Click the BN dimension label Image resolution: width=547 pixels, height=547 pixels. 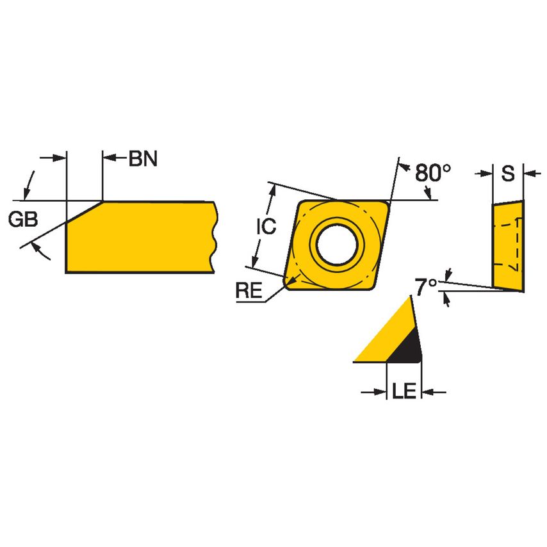142,159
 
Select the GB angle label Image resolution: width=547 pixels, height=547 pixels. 23,220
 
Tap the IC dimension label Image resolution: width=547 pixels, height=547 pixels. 266,226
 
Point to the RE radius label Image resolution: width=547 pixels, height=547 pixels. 249,291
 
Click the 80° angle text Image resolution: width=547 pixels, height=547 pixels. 432,173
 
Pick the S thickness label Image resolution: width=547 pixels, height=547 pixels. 507,174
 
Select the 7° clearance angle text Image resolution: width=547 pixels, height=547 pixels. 426,286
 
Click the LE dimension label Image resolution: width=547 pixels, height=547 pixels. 404,391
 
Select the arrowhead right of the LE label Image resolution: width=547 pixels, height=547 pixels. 430,391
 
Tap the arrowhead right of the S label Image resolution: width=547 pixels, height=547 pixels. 530,173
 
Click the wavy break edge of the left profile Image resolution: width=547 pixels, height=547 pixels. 214,237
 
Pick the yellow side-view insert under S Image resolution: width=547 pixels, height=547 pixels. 507,245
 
